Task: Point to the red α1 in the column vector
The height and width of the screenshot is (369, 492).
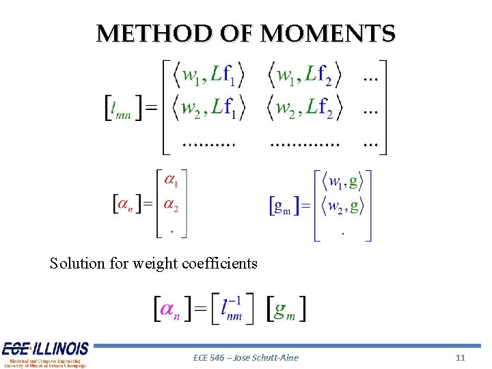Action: [172, 181]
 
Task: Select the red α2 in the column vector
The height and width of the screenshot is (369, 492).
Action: [172, 205]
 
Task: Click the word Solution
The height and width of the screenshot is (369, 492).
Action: [77, 263]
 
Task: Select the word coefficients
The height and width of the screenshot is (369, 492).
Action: [220, 263]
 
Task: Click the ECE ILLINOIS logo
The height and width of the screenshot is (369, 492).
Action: [44, 354]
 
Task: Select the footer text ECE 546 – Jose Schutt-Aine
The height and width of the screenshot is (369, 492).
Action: [246, 357]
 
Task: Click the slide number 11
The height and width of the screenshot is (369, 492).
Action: [460, 357]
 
